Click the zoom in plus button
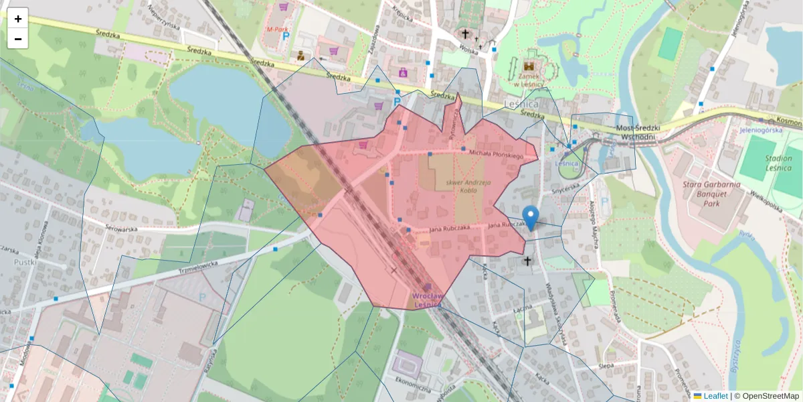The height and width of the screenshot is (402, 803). pyautogui.click(x=18, y=19)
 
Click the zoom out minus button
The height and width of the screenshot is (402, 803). pyautogui.click(x=18, y=39)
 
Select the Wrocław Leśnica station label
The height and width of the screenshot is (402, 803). pyautogui.click(x=428, y=299)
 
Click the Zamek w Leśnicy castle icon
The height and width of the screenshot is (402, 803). pyautogui.click(x=528, y=67)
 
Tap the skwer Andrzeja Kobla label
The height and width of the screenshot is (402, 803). pyautogui.click(x=458, y=186)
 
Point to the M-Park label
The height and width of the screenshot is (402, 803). pyautogui.click(x=277, y=29)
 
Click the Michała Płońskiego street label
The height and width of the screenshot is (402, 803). pyautogui.click(x=495, y=155)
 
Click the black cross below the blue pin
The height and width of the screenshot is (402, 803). pyautogui.click(x=527, y=261)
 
